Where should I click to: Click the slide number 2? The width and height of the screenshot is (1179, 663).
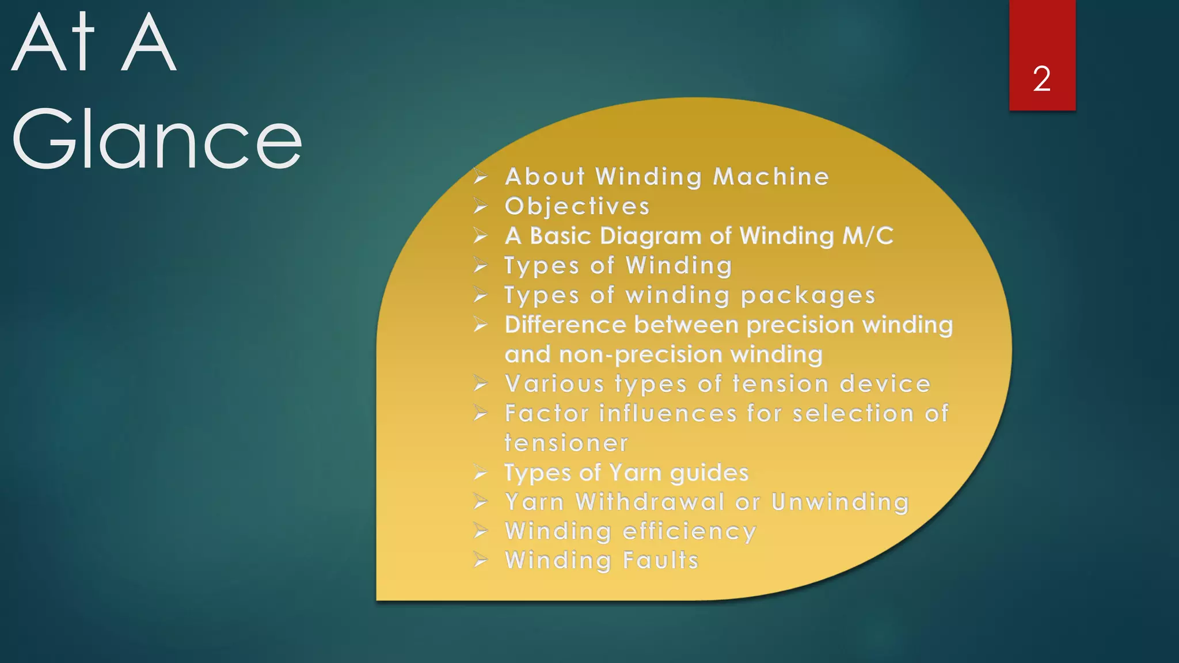click(x=1041, y=79)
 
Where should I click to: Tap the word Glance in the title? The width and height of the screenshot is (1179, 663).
click(x=157, y=139)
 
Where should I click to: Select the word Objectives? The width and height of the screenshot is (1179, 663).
click(x=577, y=207)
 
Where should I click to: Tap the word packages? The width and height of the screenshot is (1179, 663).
click(x=808, y=296)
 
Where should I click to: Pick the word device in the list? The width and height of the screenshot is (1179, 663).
click(x=885, y=384)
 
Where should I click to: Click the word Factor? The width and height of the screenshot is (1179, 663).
click(x=547, y=413)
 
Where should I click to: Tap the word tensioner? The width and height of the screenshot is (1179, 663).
click(x=566, y=443)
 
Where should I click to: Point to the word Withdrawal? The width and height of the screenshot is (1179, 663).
click(x=650, y=502)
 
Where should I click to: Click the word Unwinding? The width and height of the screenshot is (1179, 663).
click(x=840, y=502)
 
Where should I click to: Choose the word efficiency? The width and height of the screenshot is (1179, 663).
click(x=689, y=532)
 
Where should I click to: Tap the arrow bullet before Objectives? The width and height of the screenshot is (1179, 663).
click(x=481, y=206)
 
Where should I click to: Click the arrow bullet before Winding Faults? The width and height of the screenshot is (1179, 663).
click(x=481, y=560)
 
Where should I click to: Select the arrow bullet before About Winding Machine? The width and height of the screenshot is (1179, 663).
click(x=481, y=176)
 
